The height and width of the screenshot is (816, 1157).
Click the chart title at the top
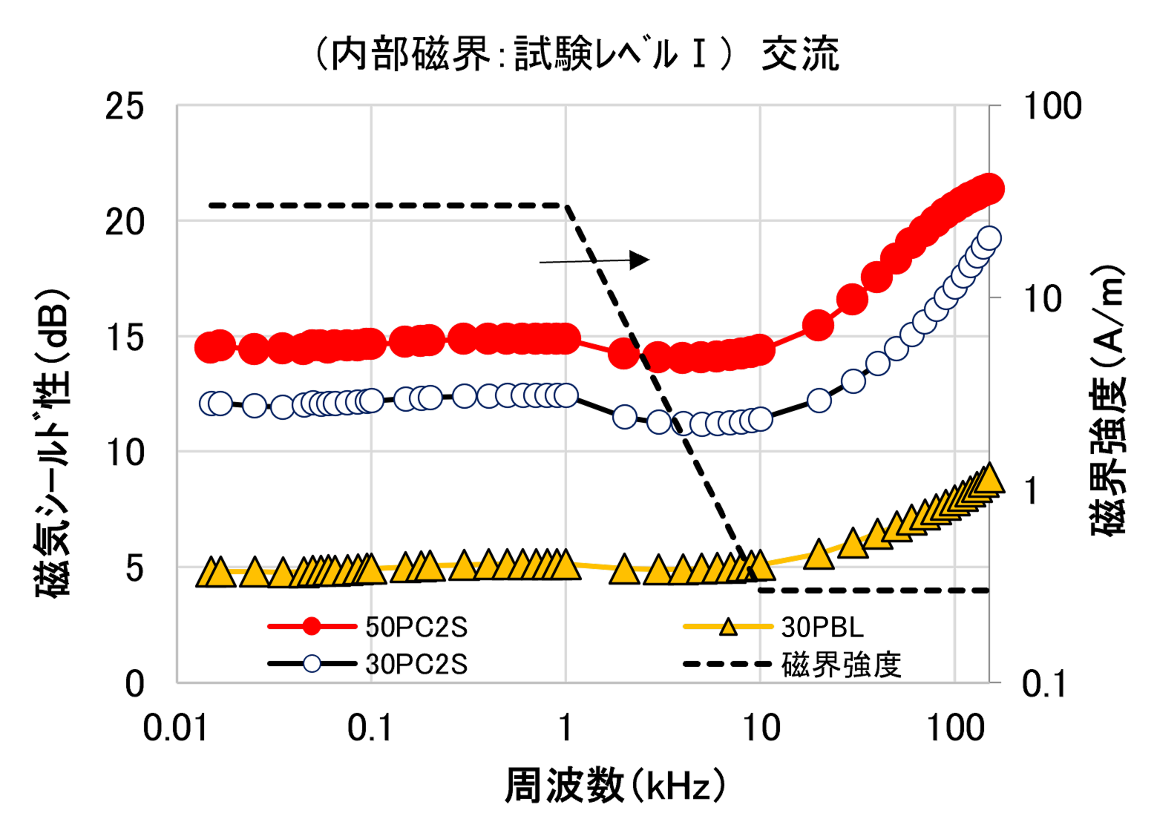click(577, 53)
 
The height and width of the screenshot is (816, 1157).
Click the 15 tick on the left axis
click(124, 338)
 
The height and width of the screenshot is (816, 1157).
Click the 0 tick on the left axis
click(134, 683)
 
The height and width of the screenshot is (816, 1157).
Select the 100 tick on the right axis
click(1052, 106)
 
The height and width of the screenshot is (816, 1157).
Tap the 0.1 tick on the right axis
click(1043, 683)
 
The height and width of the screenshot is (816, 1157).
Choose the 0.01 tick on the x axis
click(175, 728)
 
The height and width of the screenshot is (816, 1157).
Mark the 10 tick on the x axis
click(761, 728)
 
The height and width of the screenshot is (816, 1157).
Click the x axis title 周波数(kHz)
click(615, 786)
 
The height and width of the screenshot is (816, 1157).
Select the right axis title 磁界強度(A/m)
click(1108, 401)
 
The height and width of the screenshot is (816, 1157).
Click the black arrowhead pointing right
click(639, 260)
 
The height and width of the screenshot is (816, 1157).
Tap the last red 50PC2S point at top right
click(990, 189)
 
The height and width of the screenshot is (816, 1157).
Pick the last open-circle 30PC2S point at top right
click(989, 238)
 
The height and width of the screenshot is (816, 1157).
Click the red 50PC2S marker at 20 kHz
click(819, 325)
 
